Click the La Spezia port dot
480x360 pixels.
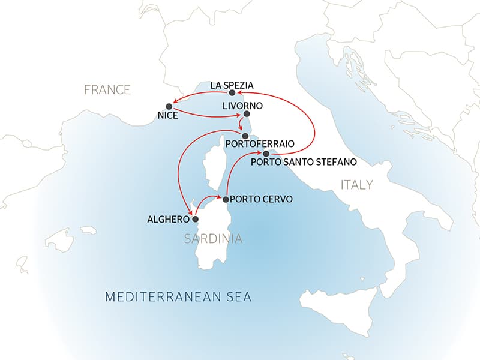232,93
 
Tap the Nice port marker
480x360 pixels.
169,106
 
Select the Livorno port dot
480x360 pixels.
247,113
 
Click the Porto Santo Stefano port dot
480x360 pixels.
266,154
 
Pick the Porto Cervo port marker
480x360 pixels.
225,199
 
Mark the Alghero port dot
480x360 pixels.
194,219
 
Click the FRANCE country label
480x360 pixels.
107,90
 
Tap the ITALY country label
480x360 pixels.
356,184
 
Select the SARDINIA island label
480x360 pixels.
213,239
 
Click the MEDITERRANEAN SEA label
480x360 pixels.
178,297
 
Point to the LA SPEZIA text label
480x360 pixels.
232,85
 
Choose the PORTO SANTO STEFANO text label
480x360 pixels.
304,161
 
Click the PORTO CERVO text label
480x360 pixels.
261,199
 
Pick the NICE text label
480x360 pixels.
168,115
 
